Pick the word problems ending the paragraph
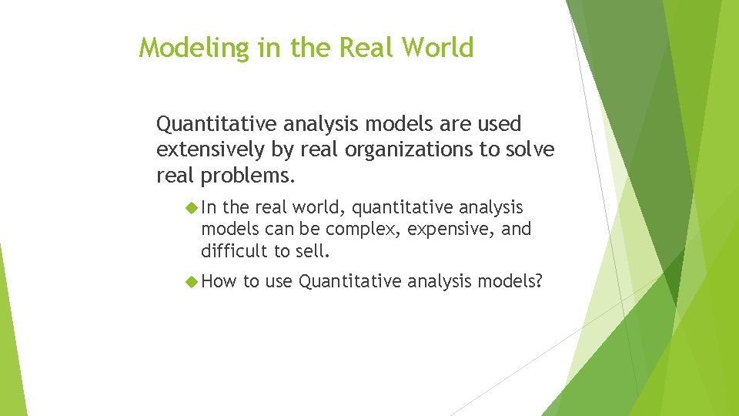point(247,175)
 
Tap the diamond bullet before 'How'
point(192,282)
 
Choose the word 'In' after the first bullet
point(209,208)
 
